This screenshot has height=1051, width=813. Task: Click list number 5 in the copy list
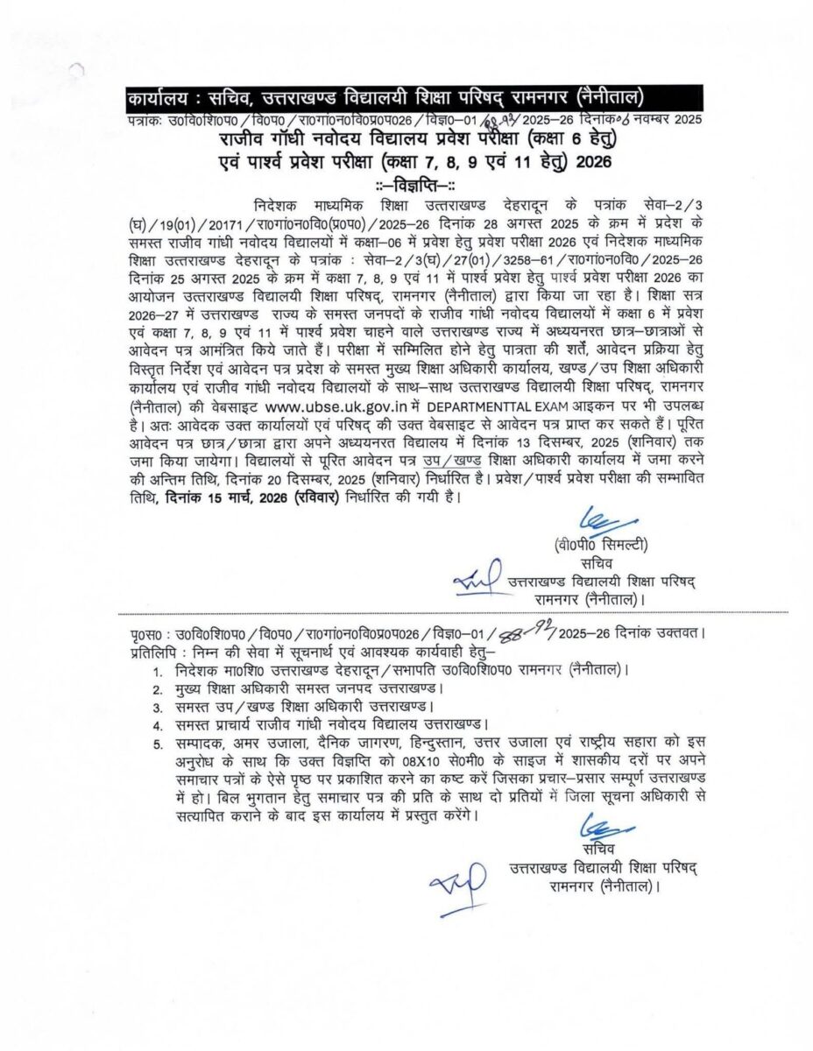(x=158, y=745)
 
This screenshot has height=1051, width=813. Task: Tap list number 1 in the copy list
(x=158, y=670)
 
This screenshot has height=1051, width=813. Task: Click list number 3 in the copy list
(x=158, y=708)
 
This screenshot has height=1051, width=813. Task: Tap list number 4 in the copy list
(x=158, y=726)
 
